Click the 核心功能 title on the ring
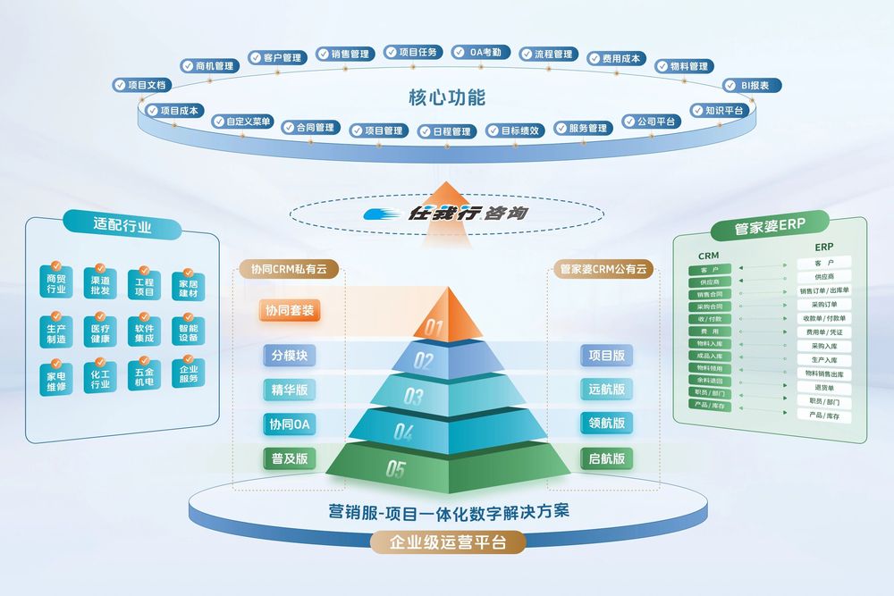click(x=446, y=97)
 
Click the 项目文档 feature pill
click(x=141, y=85)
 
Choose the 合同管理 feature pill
click(x=308, y=127)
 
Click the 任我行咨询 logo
click(x=447, y=215)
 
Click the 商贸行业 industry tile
click(x=56, y=283)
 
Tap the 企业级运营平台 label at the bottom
click(x=447, y=541)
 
